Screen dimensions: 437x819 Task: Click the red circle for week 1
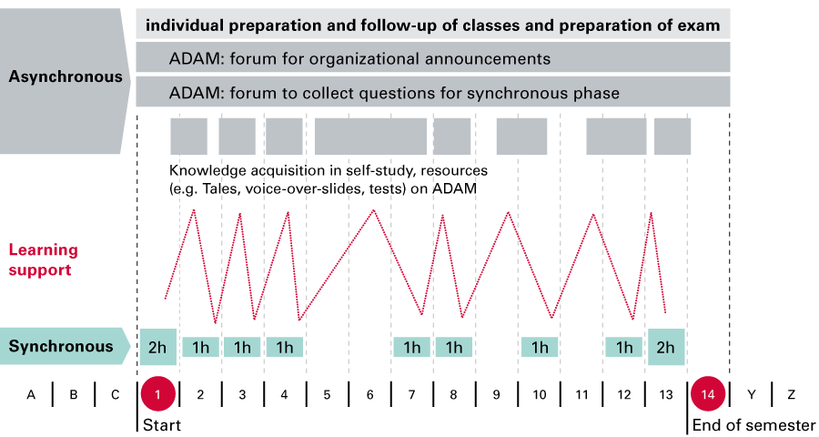click(x=157, y=394)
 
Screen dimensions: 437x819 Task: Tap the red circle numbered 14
click(x=707, y=394)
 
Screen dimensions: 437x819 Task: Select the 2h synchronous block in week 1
click(x=157, y=347)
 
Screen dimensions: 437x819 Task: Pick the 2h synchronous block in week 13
click(x=666, y=347)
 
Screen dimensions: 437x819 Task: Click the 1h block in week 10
click(x=541, y=347)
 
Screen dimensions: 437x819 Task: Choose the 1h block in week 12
click(x=624, y=347)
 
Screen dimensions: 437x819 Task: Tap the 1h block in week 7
click(x=412, y=347)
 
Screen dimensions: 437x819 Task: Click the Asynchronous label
click(x=66, y=76)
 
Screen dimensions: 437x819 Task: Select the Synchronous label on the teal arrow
click(x=61, y=346)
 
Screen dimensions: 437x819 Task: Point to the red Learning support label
click(x=44, y=259)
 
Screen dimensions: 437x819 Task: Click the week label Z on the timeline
click(x=792, y=394)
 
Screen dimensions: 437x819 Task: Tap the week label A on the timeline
click(x=31, y=394)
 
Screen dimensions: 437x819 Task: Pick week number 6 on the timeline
click(x=370, y=394)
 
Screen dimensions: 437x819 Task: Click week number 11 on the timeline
click(x=581, y=394)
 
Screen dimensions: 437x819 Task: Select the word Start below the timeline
click(x=162, y=425)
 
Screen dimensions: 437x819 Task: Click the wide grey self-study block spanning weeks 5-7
click(x=370, y=137)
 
